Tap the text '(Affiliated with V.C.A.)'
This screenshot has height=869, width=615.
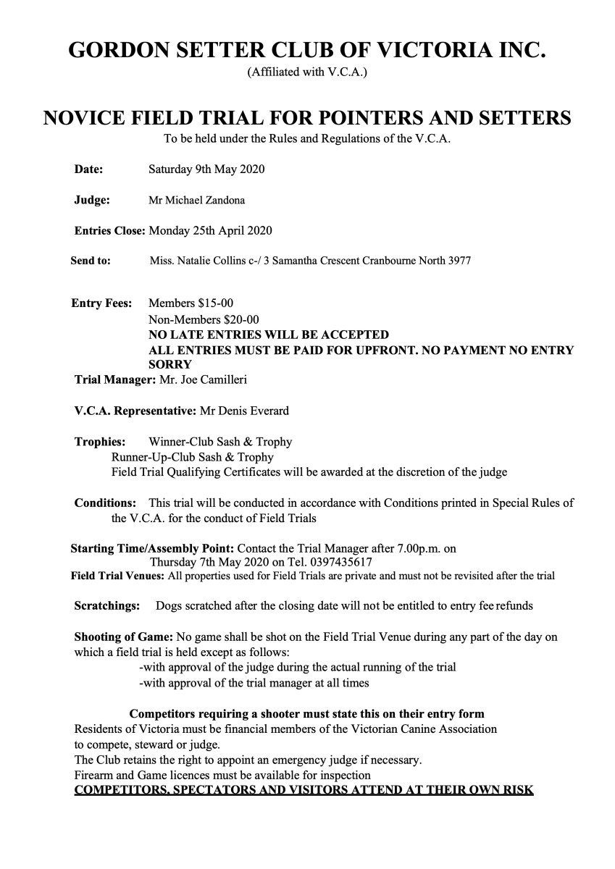coord(308,72)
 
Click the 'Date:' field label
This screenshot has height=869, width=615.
coord(88,169)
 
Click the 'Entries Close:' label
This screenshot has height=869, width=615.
coord(109,231)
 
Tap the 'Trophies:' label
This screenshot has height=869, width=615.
coord(100,441)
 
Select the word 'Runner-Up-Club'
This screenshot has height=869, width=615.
coord(151,457)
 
